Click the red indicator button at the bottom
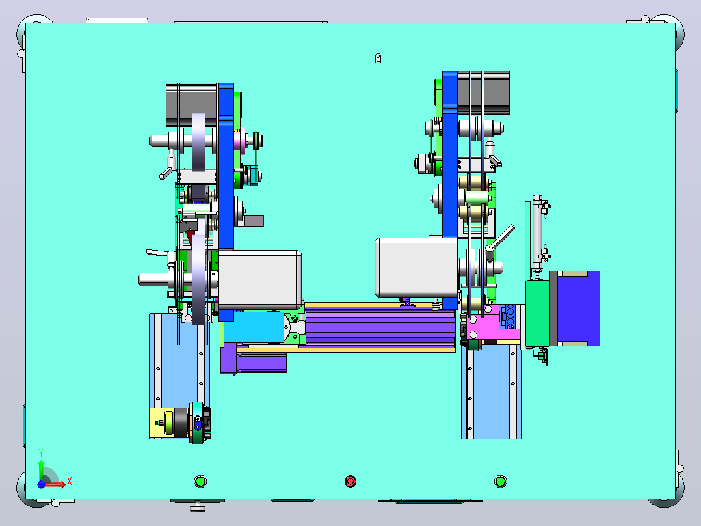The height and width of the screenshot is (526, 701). pyautogui.click(x=350, y=481)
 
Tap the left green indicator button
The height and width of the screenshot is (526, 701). pyautogui.click(x=200, y=481)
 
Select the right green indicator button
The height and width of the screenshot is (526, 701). pyautogui.click(x=500, y=481)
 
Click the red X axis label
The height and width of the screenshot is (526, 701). pyautogui.click(x=70, y=482)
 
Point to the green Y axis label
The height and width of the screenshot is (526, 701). pyautogui.click(x=41, y=453)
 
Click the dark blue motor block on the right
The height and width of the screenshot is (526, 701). pyautogui.click(x=579, y=309)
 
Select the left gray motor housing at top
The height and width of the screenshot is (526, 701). pyautogui.click(x=191, y=105)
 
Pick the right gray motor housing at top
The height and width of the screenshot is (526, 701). pyautogui.click(x=483, y=92)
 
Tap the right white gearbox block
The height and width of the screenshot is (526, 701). pyautogui.click(x=416, y=268)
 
